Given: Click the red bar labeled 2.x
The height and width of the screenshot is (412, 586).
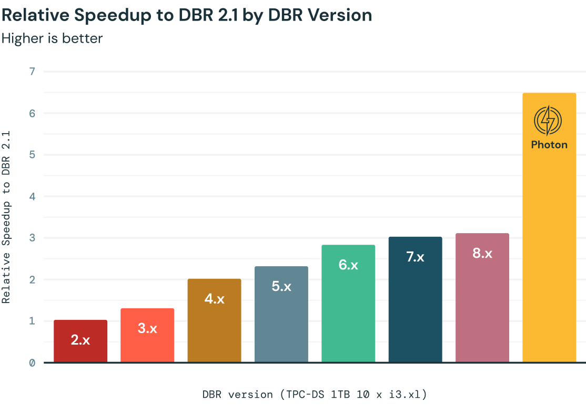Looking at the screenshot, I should [80, 341].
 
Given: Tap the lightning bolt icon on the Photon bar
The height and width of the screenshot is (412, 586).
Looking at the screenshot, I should [548, 120].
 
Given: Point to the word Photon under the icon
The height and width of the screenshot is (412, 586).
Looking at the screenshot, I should [549, 145].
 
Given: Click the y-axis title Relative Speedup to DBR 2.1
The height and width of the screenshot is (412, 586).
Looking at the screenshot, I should [6, 217].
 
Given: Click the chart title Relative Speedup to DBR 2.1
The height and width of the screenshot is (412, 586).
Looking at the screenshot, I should [187, 15].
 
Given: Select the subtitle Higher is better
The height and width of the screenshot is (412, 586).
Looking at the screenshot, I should [52, 38].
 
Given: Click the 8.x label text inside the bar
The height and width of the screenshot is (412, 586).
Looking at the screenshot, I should [482, 253].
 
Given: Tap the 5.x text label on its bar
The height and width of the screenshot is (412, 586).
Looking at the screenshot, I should [281, 287].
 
